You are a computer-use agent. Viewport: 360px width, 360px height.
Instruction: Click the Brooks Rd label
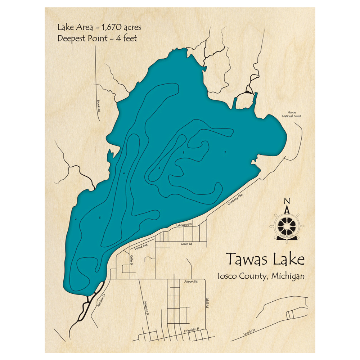tap(98, 106)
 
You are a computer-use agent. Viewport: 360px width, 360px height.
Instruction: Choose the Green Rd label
tap(186, 244)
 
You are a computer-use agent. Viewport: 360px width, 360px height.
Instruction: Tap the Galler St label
tap(131, 258)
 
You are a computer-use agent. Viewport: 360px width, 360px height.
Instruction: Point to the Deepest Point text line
tap(97, 38)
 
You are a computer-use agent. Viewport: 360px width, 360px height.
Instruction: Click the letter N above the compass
tap(287, 201)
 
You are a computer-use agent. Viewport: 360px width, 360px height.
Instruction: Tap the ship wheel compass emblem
tap(287, 225)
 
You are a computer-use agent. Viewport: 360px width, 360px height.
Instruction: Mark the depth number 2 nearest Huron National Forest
tap(225, 152)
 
